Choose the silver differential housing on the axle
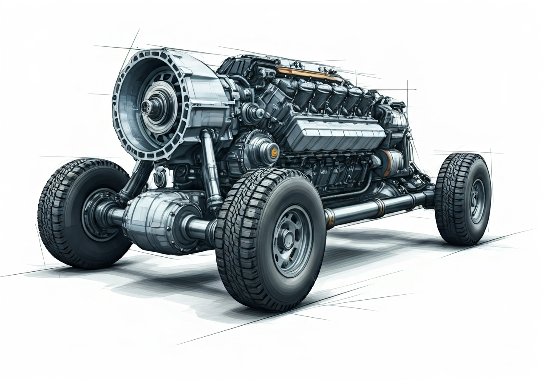click(157, 217)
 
